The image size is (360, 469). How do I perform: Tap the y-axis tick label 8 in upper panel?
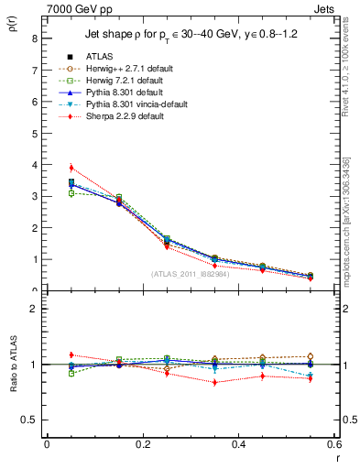(34, 38)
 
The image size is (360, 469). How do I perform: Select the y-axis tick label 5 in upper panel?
(34, 134)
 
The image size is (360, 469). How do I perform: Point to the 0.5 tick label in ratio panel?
(30, 420)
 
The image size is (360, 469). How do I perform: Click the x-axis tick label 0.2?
(142, 444)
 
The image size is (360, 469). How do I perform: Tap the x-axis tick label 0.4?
(238, 444)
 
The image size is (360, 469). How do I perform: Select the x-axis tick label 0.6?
(333, 444)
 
